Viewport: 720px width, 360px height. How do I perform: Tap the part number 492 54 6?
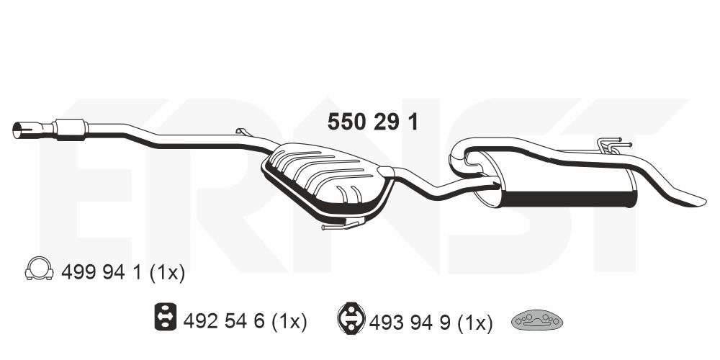pos(226,321)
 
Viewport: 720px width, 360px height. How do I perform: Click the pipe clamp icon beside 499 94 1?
pos(39,269)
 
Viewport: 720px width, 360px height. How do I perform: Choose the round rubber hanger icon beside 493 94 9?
pos(351,318)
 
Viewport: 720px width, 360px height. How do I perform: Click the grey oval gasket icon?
pos(537,320)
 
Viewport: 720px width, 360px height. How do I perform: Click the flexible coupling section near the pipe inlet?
pos(71,127)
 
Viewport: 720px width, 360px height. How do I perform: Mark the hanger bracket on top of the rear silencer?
pos(609,146)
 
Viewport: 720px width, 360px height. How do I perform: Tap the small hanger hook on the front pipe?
pos(241,132)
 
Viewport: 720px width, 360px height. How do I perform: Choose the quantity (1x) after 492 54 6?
pos(289,321)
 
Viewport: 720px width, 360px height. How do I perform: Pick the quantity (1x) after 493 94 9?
pos(474,321)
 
